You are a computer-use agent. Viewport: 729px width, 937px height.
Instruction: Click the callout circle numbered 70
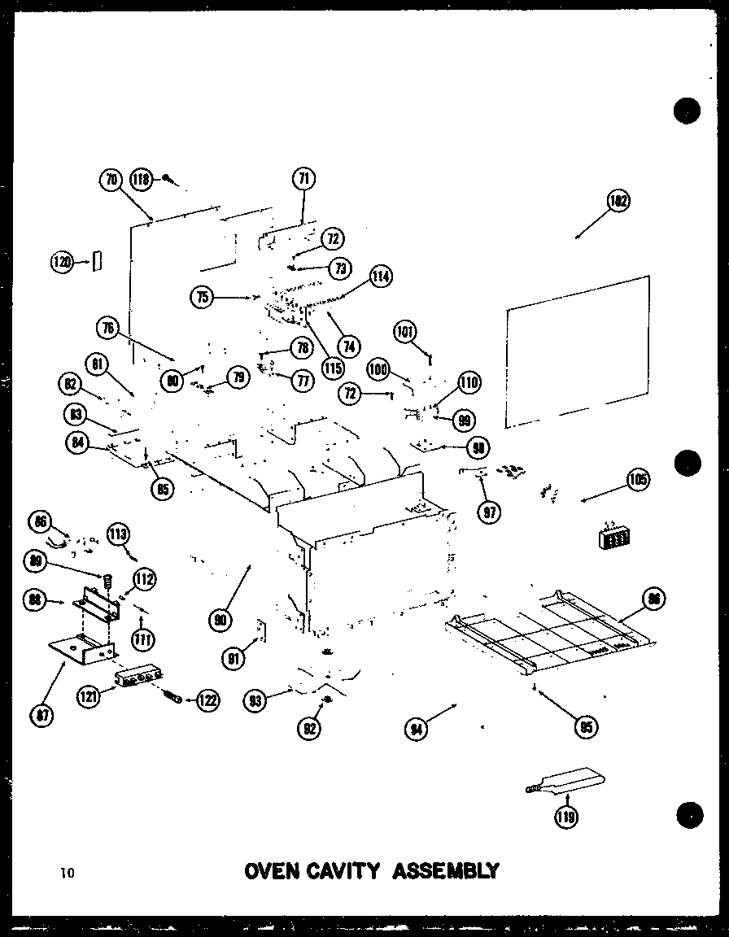coord(111,180)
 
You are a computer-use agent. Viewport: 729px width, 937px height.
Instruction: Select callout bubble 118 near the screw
coord(142,180)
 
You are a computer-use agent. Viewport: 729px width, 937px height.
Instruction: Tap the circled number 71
coord(303,177)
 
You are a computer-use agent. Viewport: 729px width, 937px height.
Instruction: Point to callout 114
coord(380,277)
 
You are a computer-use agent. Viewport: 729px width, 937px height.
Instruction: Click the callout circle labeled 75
coord(203,297)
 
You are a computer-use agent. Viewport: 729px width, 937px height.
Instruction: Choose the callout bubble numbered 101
coord(405,331)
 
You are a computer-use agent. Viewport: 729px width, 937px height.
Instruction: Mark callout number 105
coord(637,480)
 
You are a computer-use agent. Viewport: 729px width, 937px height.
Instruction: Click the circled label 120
coord(62,261)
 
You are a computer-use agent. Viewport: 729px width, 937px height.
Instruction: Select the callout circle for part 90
coord(219,621)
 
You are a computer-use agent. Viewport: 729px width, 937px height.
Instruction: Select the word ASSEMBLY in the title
coord(447,872)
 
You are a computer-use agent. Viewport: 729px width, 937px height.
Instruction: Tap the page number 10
coord(67,874)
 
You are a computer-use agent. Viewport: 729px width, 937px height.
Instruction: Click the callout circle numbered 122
coord(207,699)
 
